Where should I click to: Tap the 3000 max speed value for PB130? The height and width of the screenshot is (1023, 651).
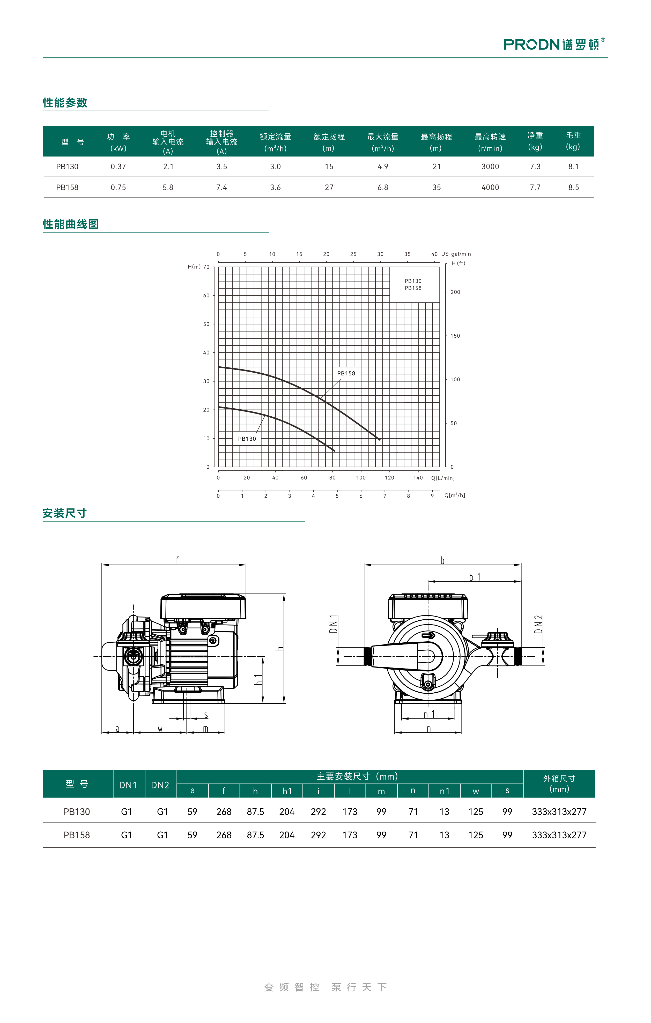490,166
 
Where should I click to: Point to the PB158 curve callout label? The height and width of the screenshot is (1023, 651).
346,373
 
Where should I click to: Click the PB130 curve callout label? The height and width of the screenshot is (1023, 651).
247,439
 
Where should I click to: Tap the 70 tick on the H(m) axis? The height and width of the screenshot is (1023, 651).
206,267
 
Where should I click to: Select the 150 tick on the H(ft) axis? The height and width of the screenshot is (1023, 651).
455,336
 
